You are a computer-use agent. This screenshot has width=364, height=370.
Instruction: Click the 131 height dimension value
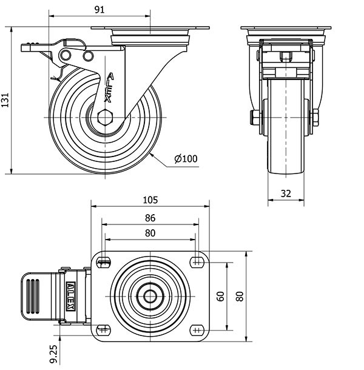pyautogui.click(x=5, y=99)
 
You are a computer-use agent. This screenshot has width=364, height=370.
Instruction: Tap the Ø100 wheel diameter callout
pyautogui.click(x=186, y=159)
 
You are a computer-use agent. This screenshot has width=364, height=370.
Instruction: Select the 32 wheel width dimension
pyautogui.click(x=286, y=193)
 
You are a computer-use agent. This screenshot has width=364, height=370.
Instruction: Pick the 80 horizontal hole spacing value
pyautogui.click(x=150, y=233)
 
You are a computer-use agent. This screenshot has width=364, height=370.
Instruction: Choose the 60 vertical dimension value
pyautogui.click(x=221, y=296)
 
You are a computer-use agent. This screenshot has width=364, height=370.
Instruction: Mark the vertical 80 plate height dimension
pyautogui.click(x=240, y=296)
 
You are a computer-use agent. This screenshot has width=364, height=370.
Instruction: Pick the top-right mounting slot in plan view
pyautogui.click(x=196, y=262)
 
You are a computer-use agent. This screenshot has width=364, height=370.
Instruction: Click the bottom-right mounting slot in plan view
pyautogui.click(x=196, y=329)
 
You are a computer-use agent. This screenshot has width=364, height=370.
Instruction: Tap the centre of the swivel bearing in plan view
pyautogui.click(x=150, y=296)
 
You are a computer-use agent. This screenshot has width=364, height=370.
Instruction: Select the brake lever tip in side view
pyautogui.click(x=27, y=47)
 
